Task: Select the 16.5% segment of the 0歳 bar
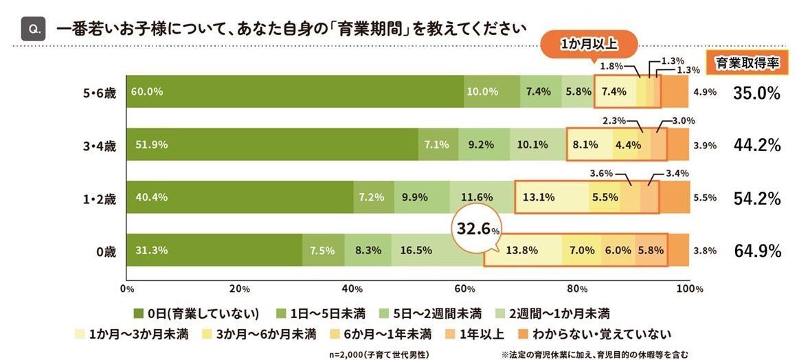click(x=437, y=251)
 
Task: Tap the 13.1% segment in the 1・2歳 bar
click(x=541, y=197)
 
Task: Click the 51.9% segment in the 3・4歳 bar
click(x=272, y=144)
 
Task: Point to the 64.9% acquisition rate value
click(x=757, y=251)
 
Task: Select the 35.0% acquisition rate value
click(x=757, y=92)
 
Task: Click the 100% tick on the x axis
click(x=688, y=289)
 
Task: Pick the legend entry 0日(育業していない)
click(x=196, y=314)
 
